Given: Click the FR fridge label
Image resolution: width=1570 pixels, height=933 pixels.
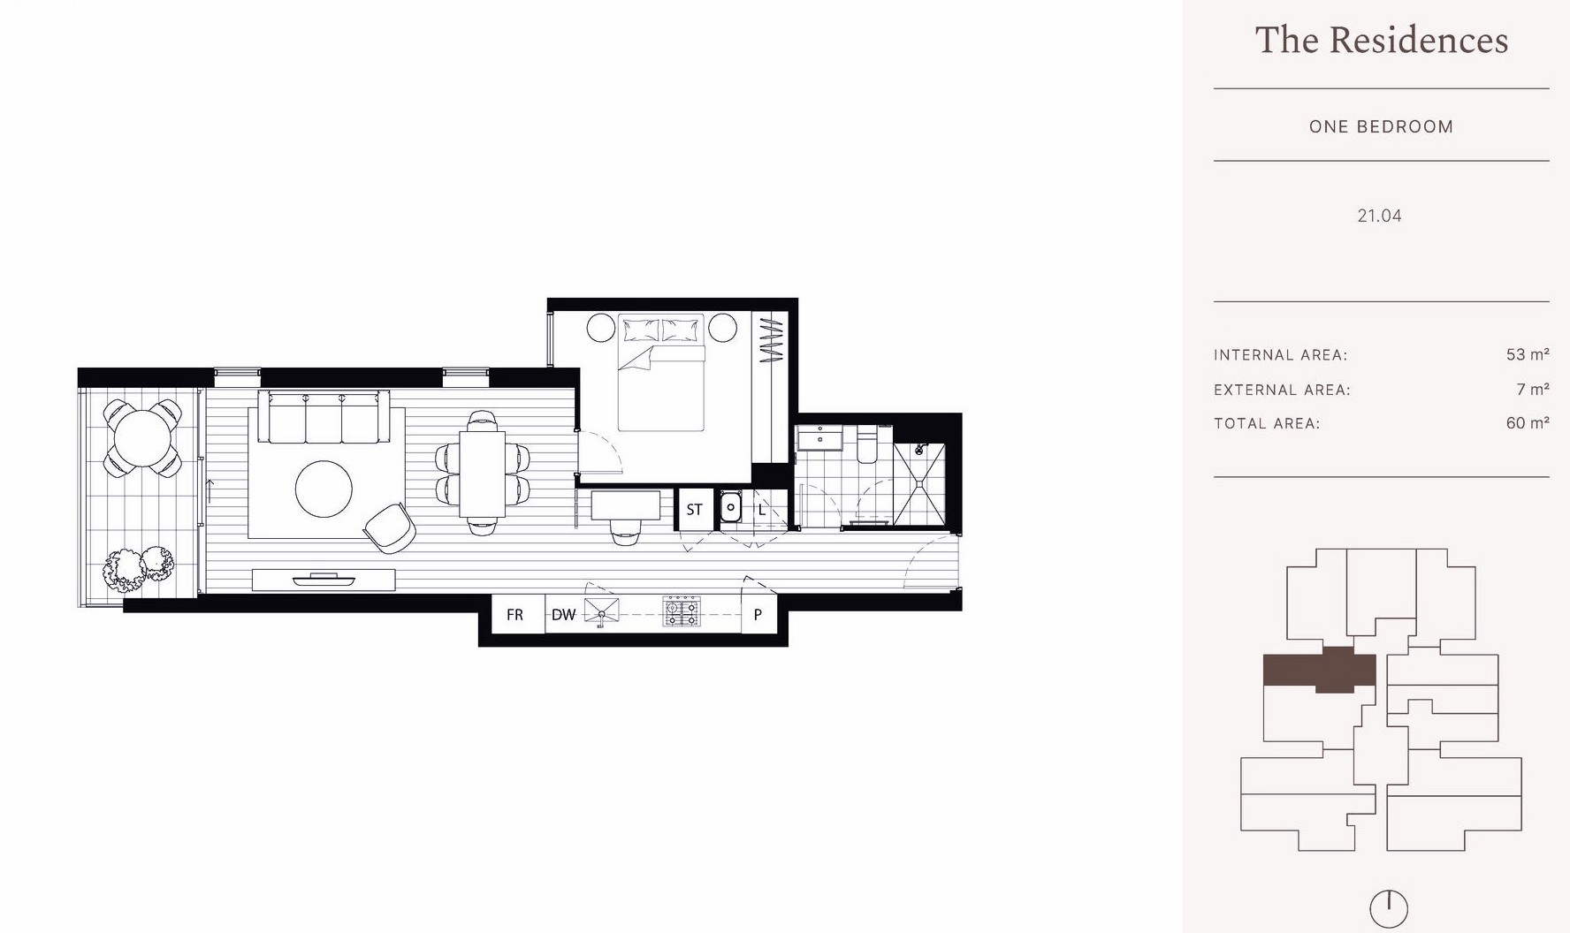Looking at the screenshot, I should point(514,615).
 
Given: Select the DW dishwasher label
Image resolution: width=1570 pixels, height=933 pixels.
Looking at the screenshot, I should point(563,615).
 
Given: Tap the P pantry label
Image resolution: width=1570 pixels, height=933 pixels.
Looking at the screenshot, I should point(758,615).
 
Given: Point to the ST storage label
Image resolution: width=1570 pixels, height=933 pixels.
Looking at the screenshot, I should point(694,510).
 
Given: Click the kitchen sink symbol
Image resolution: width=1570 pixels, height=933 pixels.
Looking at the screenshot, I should point(601,611).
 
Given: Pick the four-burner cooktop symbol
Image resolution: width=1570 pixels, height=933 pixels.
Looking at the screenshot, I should point(682,611).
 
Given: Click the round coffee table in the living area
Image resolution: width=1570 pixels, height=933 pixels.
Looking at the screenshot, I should point(324,489).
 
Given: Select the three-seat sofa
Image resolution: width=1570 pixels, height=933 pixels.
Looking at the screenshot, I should point(324,419).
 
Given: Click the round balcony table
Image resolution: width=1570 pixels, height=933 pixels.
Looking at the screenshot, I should point(142,437).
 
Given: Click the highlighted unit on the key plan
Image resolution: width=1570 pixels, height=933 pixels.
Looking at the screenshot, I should point(1318,671).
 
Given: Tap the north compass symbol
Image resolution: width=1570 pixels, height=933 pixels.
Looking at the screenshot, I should point(1388,908).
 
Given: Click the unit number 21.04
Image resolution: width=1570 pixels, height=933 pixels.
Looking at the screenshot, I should point(1379,216).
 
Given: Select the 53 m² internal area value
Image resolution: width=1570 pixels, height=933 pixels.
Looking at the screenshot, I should point(1527,354).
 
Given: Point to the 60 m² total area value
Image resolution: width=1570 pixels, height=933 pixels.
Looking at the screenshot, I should point(1527,423).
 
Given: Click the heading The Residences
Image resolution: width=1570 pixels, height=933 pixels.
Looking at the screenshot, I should point(1381,41).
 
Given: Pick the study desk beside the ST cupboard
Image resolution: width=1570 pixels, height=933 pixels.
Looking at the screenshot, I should point(625,505).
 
